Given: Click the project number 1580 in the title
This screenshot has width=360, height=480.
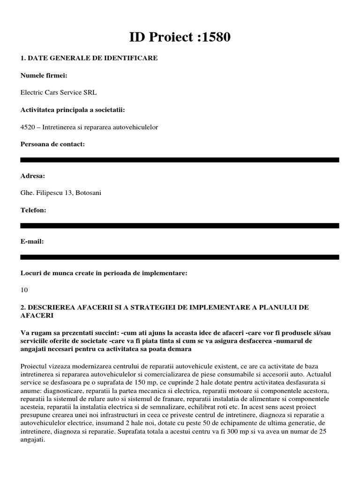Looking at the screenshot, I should point(213,37).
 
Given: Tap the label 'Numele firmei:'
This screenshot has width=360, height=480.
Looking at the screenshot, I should point(44,75).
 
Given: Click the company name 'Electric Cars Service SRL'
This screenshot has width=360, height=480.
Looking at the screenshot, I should point(59,92).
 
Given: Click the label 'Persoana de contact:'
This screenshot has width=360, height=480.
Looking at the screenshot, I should point(52,144).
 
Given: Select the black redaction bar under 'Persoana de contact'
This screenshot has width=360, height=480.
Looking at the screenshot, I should point(180,160).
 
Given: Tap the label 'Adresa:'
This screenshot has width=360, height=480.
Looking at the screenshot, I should point(33,176).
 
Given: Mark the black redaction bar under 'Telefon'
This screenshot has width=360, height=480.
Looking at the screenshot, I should point(180,225).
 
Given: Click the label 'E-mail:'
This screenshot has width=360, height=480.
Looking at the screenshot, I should point(32,241).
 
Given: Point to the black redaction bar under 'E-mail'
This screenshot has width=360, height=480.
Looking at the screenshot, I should point(180,257).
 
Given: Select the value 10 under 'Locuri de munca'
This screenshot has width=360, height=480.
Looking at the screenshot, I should point(24,290).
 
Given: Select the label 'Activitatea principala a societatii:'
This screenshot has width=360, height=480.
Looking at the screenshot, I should point(73,110).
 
